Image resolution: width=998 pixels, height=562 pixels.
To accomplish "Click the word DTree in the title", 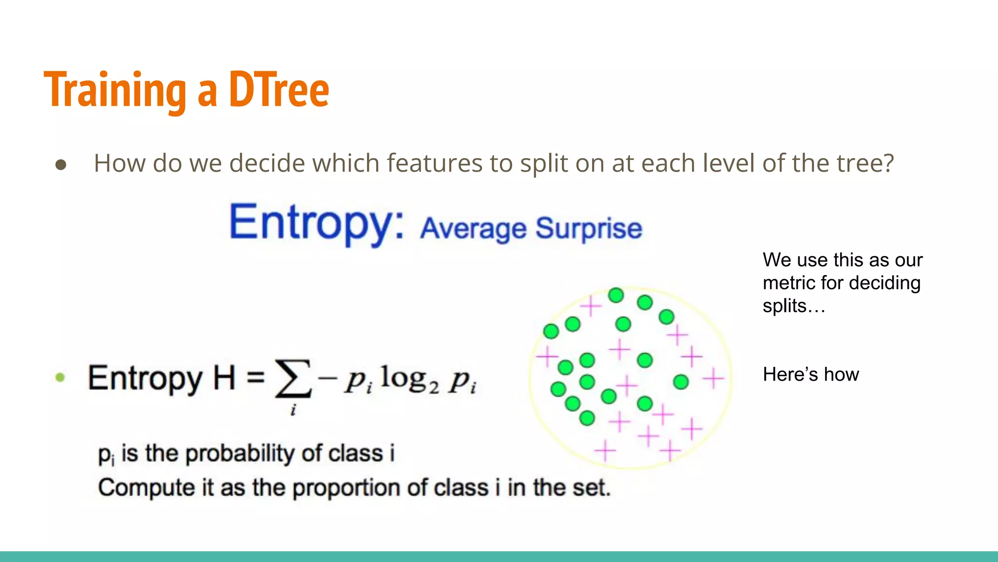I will (279, 90).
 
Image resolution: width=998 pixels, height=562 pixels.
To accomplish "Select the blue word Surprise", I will (589, 228).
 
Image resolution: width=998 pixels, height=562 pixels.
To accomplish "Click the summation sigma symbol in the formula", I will (292, 378).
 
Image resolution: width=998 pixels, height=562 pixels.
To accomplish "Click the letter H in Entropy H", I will (224, 378).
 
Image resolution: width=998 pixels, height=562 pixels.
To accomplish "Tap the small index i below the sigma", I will (293, 410).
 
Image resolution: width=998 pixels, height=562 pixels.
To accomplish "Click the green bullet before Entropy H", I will (60, 377).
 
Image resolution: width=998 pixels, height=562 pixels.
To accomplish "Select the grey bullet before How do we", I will (61, 165).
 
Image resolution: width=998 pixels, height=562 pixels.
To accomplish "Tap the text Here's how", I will (810, 374).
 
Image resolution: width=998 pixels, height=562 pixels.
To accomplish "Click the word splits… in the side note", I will (793, 306).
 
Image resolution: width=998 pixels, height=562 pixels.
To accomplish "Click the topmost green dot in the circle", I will (616, 295).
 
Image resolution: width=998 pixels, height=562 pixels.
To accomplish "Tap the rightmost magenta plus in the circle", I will (713, 379).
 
